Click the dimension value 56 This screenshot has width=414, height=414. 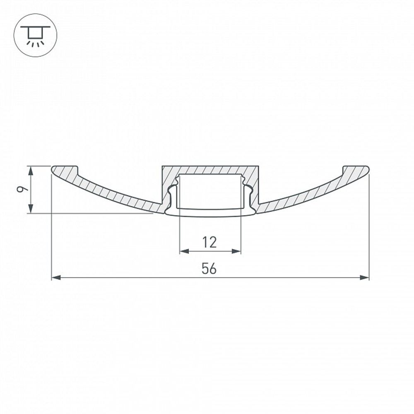coord(209,269)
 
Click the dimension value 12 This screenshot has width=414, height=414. coord(210,242)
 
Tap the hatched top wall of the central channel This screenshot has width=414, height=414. coord(210,170)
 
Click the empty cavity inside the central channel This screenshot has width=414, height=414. coord(210,190)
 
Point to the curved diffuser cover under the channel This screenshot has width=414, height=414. coord(210,212)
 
